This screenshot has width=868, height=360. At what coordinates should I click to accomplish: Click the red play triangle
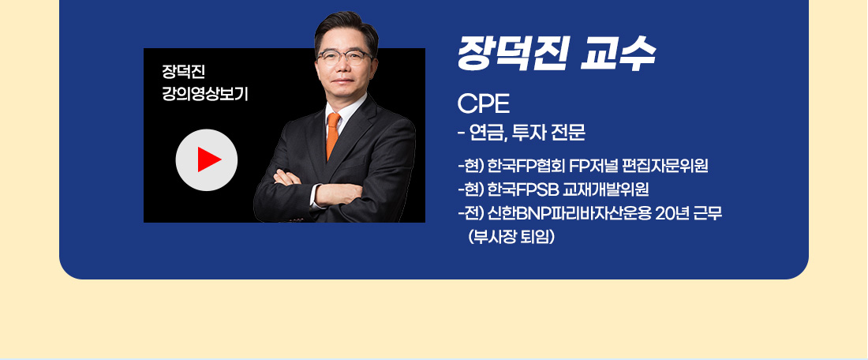208,159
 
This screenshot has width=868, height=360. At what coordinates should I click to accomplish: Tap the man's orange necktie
333,136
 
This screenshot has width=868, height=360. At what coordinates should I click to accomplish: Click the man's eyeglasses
344,57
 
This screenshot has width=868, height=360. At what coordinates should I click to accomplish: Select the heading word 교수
618,53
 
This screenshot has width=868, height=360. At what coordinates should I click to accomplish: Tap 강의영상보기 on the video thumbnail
204,94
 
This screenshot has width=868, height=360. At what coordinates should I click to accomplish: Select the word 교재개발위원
605,190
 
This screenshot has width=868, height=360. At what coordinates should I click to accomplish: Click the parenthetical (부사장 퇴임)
511,237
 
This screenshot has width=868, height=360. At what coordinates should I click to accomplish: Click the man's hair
346,31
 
